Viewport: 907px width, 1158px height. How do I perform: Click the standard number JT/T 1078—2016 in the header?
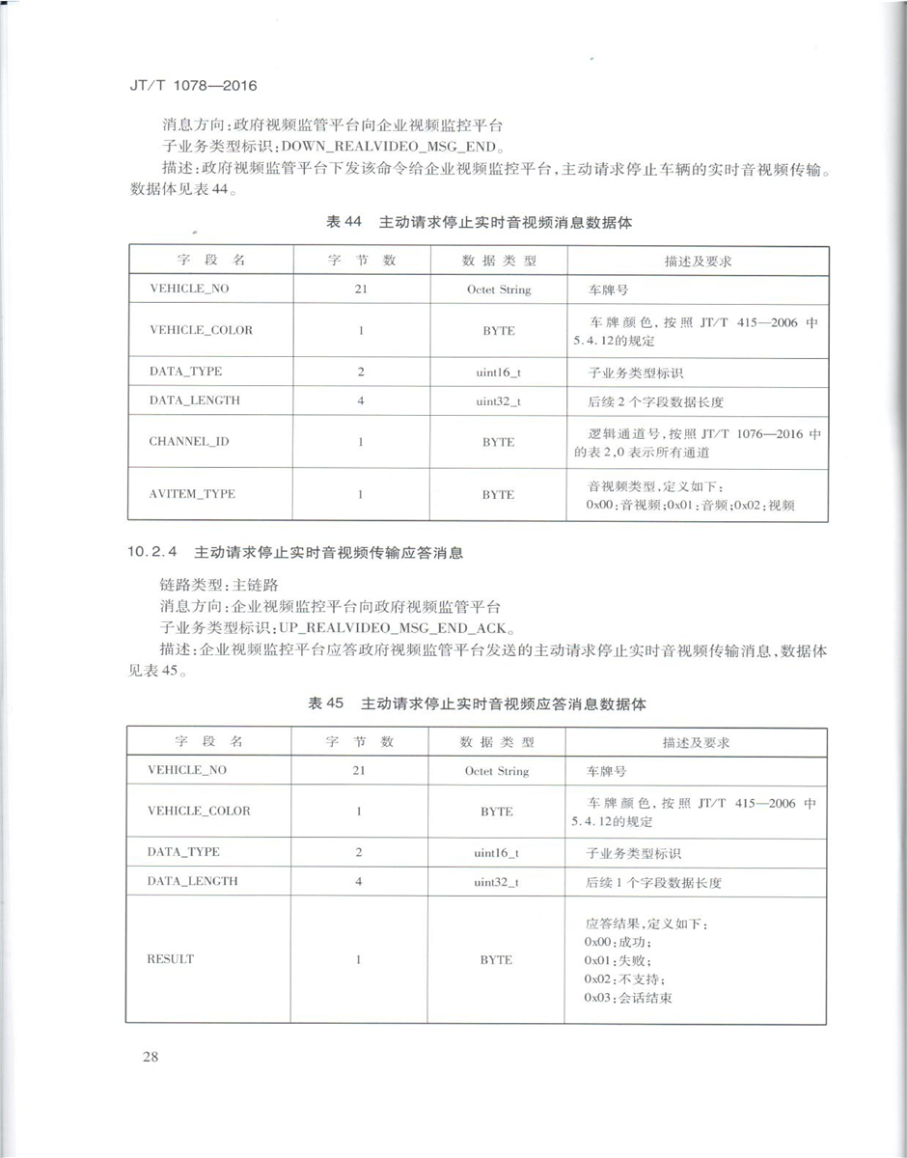click(193, 86)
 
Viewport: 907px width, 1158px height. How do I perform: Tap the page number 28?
click(150, 1055)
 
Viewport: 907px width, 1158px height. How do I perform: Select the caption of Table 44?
click(480, 222)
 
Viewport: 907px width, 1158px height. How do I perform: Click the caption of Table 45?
click(477, 704)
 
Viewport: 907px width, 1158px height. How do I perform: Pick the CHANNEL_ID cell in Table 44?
click(188, 442)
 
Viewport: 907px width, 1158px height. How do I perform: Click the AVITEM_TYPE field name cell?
click(192, 494)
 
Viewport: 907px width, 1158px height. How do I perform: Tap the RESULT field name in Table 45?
click(170, 959)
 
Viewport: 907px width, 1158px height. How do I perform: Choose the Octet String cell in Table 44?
click(498, 289)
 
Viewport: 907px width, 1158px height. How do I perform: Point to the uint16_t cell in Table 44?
click(498, 372)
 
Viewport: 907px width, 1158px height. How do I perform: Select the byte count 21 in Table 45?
click(359, 771)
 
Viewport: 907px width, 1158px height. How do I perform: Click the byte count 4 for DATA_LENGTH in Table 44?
click(360, 400)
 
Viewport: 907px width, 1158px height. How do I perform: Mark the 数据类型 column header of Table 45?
click(497, 742)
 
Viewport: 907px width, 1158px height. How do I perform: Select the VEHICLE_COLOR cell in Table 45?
click(199, 811)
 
